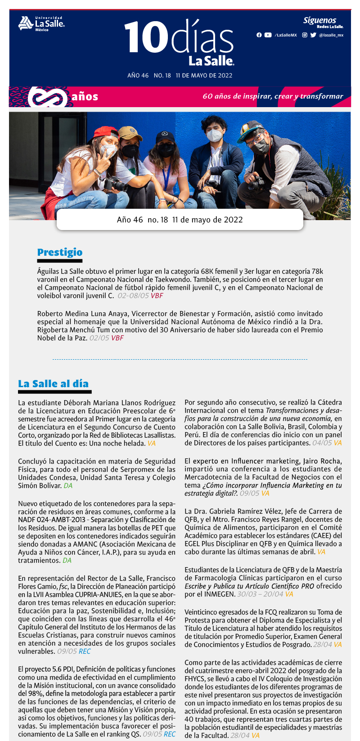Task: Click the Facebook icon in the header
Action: point(259,35)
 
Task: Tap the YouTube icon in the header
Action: point(268,35)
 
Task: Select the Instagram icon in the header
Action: point(305,35)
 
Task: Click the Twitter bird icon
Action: point(313,35)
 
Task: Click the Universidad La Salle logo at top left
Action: point(41,23)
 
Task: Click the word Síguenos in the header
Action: point(319,20)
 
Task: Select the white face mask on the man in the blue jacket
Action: point(214,135)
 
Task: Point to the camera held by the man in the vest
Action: point(256,182)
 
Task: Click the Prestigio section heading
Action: point(60,253)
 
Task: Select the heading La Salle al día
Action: point(53,384)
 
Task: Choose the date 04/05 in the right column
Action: point(322,443)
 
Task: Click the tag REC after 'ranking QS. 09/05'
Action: point(170,734)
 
